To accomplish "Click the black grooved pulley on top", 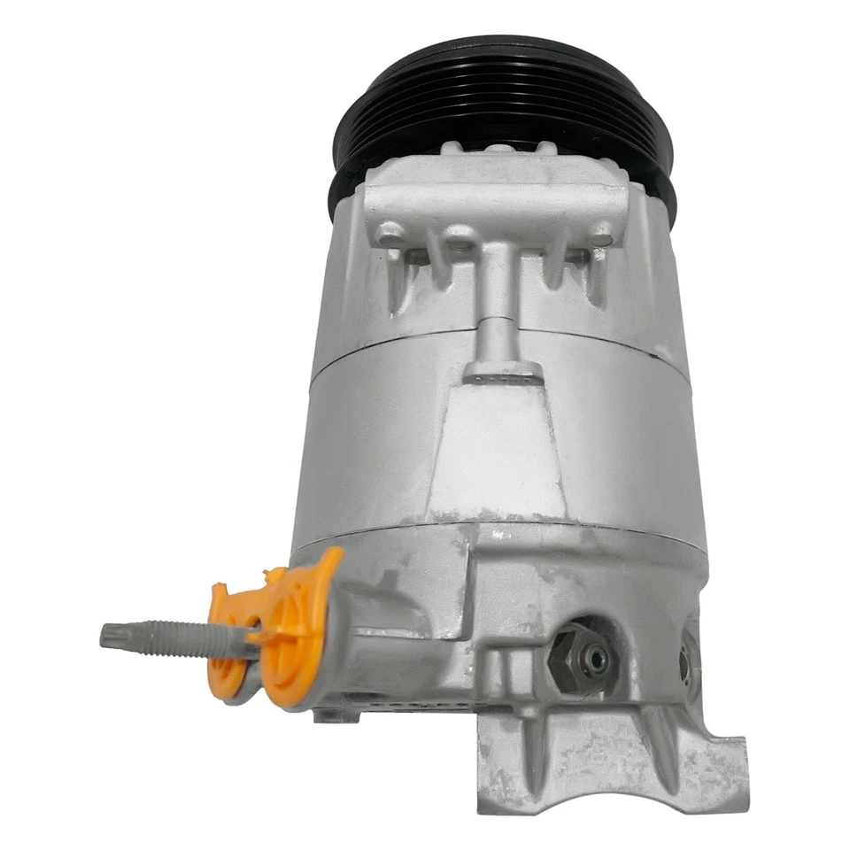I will pos(496,97).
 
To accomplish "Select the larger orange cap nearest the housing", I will pos(297,629).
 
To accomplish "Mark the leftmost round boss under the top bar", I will pos(390,235).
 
